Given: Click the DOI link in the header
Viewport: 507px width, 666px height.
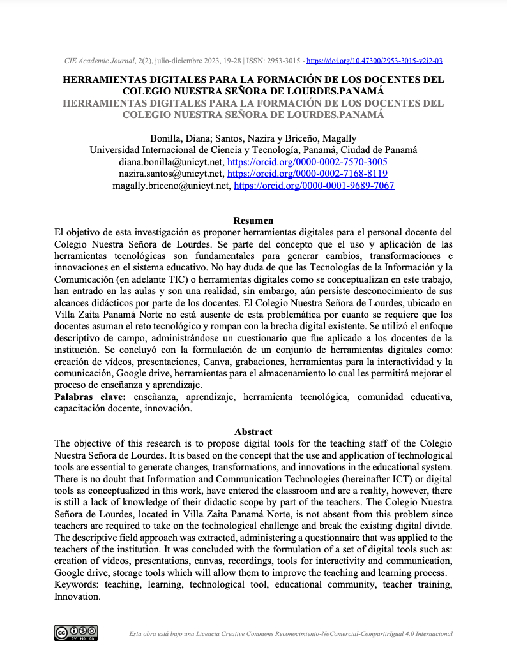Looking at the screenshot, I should (x=375, y=61).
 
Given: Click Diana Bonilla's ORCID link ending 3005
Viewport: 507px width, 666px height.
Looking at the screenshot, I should (x=308, y=162).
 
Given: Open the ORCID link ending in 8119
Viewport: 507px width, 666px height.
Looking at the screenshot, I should (x=308, y=174).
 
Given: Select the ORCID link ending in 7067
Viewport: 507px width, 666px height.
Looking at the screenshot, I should (x=314, y=186).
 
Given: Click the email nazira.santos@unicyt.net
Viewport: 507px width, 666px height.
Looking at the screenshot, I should (x=171, y=174).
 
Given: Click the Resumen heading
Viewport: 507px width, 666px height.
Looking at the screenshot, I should (x=253, y=221).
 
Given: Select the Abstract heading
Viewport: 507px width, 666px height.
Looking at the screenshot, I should (x=253, y=432).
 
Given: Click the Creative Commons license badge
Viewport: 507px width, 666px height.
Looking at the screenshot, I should (x=76, y=633).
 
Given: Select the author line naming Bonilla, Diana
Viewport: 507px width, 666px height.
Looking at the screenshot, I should (x=253, y=138).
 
